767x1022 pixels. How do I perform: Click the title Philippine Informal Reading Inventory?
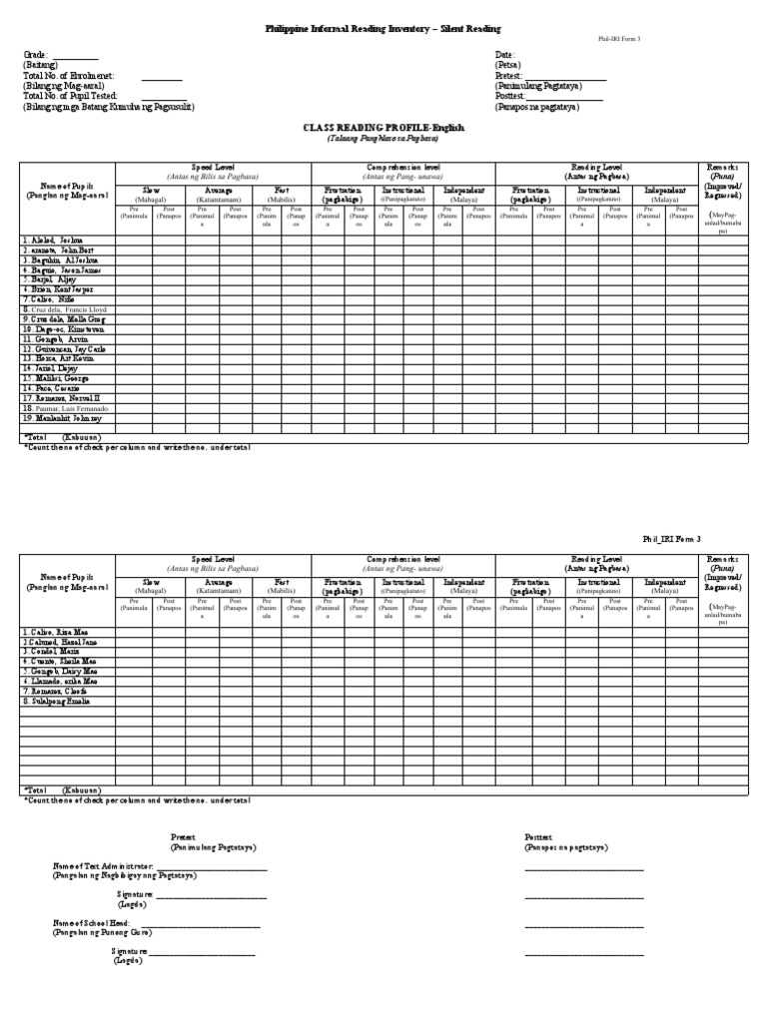pos(383,30)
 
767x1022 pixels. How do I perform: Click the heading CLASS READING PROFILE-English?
pos(383,129)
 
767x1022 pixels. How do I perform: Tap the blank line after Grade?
pos(75,56)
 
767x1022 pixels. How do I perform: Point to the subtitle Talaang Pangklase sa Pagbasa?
pos(383,139)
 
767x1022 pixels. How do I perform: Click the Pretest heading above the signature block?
pos(183,836)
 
